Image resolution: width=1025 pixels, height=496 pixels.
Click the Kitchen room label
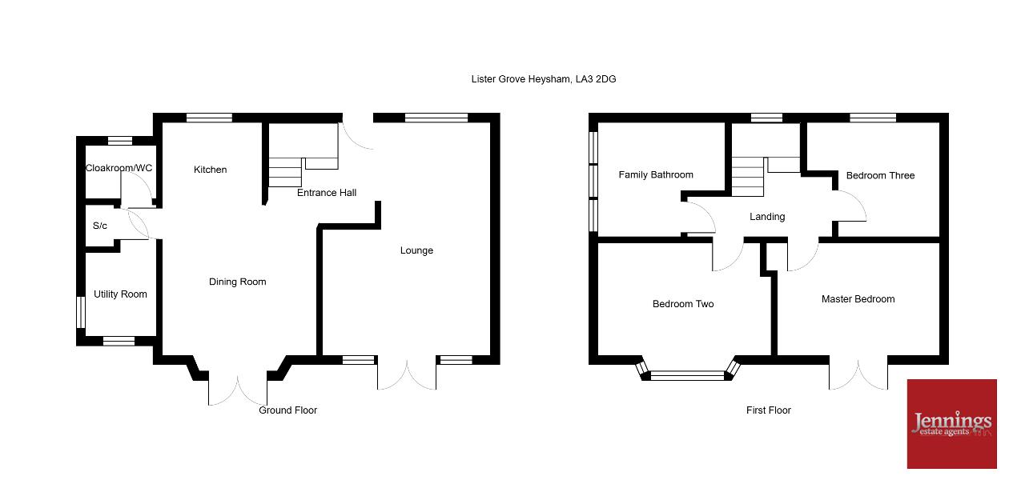(x=210, y=170)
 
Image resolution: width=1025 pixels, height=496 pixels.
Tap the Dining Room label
(x=238, y=282)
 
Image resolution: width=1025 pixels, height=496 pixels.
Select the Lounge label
(x=416, y=250)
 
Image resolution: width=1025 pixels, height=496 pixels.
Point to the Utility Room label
(x=120, y=294)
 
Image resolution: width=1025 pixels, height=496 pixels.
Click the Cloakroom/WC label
(x=119, y=168)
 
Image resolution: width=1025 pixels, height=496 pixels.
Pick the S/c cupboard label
(x=100, y=226)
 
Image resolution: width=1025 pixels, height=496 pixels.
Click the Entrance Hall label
(x=327, y=193)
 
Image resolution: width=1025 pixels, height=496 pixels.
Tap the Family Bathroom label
(x=656, y=174)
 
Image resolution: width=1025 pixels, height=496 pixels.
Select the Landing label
(x=767, y=217)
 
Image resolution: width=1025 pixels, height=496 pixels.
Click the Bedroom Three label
(x=880, y=175)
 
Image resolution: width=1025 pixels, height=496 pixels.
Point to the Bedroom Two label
(x=683, y=304)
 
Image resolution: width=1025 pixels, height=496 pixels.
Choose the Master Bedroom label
(x=858, y=299)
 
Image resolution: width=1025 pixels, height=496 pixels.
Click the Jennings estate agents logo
(x=952, y=424)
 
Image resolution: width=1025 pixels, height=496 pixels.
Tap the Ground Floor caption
(x=287, y=410)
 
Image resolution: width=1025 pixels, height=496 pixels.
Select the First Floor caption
(x=769, y=410)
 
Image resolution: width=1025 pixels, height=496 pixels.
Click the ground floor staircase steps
(x=285, y=172)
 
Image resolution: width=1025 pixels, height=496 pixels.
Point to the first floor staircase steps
(x=748, y=177)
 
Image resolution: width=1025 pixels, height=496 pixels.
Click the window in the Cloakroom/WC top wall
(x=120, y=141)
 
